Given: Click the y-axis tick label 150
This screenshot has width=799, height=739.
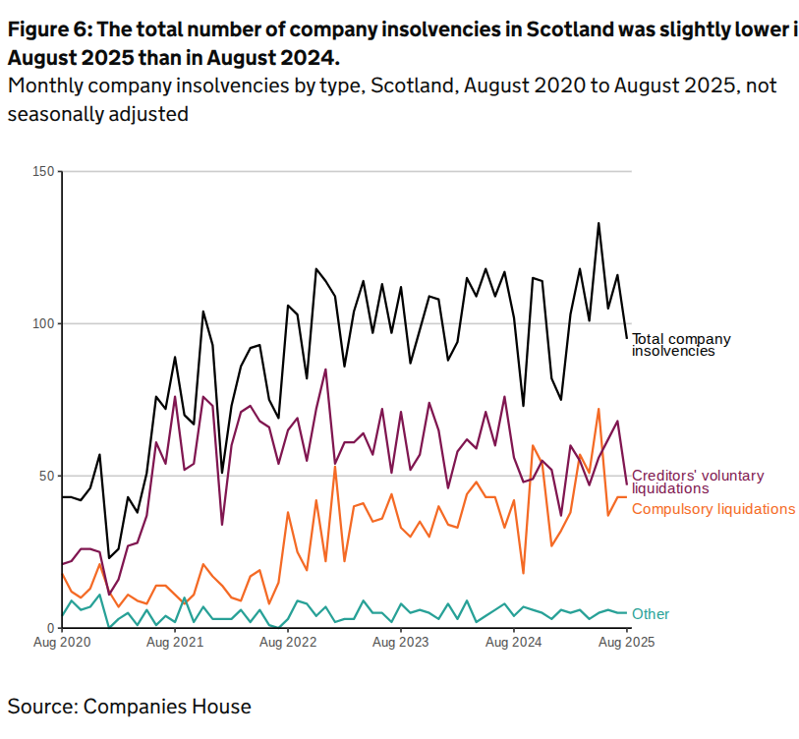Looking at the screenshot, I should tap(43, 172).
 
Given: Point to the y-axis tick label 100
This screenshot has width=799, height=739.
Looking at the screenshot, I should tap(43, 323).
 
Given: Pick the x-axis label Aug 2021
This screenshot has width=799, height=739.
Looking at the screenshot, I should tap(175, 644).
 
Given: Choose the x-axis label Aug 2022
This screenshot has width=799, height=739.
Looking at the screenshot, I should tap(288, 644).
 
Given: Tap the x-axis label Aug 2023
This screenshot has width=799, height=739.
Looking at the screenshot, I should tap(400, 644).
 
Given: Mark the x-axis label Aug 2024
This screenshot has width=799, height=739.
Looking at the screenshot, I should tap(513, 644).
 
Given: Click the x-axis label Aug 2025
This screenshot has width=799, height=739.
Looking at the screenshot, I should tap(625, 644).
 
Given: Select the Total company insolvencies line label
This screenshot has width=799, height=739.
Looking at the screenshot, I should tap(681, 345).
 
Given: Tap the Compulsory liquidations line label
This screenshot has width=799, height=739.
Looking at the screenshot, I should tap(713, 509).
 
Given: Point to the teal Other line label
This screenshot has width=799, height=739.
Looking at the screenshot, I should tap(651, 614).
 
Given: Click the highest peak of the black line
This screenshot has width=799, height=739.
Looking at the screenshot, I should tap(599, 223).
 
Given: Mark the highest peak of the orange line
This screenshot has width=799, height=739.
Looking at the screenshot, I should tap(599, 409).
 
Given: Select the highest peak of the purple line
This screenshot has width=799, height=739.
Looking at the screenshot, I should tap(325, 369).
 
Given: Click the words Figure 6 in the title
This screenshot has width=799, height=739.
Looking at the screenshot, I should tap(45, 29).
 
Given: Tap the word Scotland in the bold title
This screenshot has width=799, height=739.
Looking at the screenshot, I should tap(570, 29).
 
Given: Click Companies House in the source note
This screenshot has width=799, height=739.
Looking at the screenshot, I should tap(167, 706).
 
